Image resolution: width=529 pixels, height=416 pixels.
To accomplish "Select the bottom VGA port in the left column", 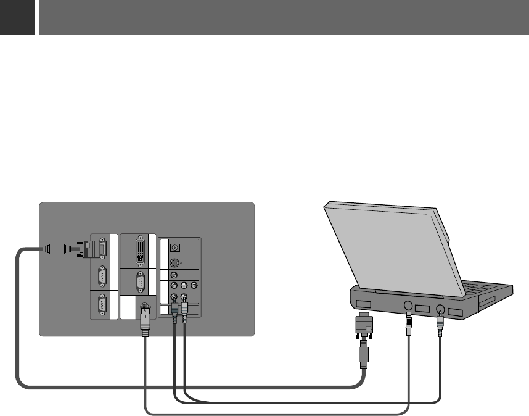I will (x=102, y=306).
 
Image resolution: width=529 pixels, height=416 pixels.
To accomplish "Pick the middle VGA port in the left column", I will (x=102, y=277).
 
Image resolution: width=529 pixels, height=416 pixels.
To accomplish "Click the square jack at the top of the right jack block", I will (x=175, y=247).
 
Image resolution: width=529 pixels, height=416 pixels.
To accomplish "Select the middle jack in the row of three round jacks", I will (x=184, y=286).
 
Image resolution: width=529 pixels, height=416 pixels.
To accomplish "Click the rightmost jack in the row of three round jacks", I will (x=194, y=286).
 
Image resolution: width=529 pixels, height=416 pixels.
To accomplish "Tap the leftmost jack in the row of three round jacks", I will (x=174, y=286).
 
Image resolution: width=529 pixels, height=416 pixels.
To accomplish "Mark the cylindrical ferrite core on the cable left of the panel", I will (x=55, y=250).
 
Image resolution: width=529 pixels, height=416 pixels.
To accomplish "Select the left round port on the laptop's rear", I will (x=407, y=304).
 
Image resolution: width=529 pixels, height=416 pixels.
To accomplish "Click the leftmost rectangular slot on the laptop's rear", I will (x=364, y=304).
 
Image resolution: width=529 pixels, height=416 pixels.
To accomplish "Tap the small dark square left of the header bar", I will (x=17, y=17).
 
